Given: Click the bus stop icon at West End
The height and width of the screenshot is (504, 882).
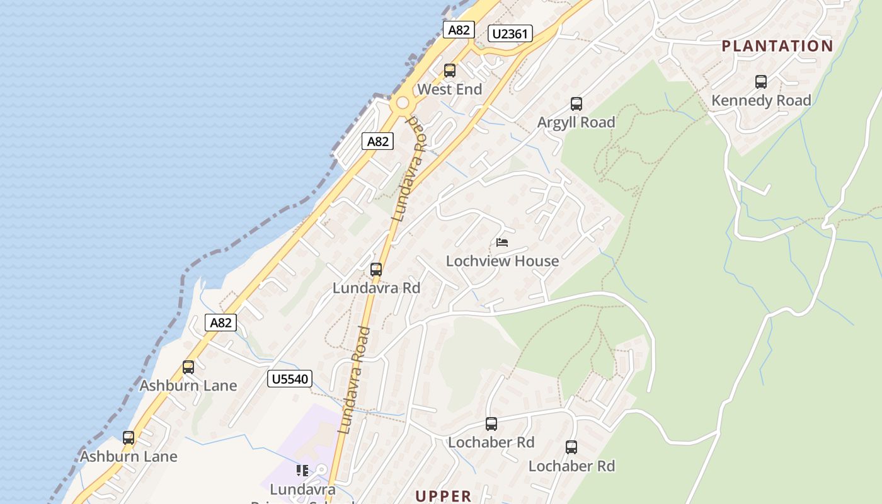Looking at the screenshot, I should click(449, 71).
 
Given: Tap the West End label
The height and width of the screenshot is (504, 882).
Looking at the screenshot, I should click(449, 89).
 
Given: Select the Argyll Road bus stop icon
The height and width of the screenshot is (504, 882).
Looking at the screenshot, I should click(576, 104).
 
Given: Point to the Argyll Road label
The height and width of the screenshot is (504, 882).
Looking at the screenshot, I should click(576, 122).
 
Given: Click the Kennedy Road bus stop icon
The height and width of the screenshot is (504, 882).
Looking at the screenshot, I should click(761, 82).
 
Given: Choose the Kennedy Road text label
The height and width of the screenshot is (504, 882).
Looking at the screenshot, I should click(761, 100).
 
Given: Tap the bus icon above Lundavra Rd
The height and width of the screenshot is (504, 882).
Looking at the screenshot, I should click(376, 270).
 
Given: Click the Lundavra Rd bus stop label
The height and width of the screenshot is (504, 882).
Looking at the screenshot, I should click(376, 289).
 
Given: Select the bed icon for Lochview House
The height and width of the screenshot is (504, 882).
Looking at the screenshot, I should click(502, 242).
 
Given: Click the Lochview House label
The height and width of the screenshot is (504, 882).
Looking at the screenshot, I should click(502, 261).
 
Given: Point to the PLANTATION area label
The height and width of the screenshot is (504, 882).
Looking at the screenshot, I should click(777, 46).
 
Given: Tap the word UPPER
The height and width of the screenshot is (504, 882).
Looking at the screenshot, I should click(444, 496).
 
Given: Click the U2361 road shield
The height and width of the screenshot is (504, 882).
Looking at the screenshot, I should click(510, 33).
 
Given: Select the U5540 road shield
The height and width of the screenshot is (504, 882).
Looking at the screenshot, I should click(290, 379).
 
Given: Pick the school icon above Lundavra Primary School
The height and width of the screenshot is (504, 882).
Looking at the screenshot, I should click(302, 471).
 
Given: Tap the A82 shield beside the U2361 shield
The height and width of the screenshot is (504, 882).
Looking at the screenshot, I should click(458, 30).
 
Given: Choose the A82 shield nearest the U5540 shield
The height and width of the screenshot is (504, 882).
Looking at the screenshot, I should click(220, 323).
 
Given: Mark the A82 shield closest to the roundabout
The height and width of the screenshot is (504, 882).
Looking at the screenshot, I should click(378, 141).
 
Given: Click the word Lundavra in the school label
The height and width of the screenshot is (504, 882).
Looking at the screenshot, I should click(302, 489).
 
